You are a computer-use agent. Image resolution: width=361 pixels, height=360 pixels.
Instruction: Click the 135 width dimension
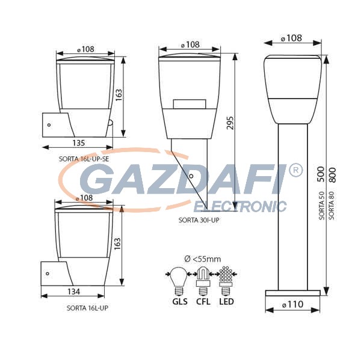tap(79, 143)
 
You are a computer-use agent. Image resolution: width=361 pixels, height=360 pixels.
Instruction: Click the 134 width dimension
tap(74, 291)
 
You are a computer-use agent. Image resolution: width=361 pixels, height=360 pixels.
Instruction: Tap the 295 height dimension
tap(230, 123)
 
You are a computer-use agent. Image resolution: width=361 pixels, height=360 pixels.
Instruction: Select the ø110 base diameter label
tap(293, 304)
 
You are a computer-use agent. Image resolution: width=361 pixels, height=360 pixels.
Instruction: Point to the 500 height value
tap(321, 174)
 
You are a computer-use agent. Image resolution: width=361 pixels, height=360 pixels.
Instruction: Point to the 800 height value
tap(332, 175)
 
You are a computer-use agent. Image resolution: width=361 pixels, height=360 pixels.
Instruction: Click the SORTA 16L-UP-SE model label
tap(84, 159)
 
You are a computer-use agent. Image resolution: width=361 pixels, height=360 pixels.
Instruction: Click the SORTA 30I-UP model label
tap(199, 220)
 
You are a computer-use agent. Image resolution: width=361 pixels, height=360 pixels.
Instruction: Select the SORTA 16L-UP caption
tap(87, 308)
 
